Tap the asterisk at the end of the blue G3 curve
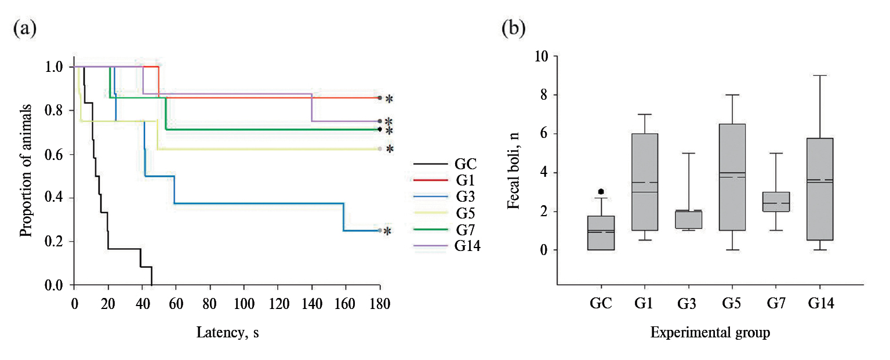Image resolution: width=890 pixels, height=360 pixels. click(388, 231)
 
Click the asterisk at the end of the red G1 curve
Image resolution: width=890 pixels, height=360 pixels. click(389, 99)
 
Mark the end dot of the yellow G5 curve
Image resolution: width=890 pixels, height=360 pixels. click(380, 149)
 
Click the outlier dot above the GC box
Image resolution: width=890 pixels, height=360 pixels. click(601, 191)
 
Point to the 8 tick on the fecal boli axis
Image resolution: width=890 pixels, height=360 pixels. click(546, 95)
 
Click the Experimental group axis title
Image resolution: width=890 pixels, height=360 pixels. click(710, 333)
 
